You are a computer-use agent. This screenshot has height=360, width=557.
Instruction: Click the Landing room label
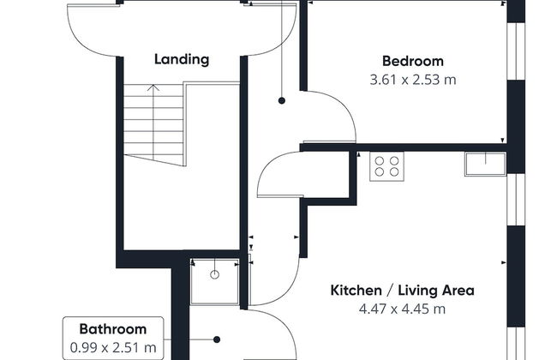(182, 59)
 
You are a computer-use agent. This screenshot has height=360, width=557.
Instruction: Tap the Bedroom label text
(413, 61)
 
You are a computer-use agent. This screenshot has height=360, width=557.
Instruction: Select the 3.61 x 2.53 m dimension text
(413, 80)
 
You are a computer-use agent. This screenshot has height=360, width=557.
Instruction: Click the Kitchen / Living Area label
(402, 291)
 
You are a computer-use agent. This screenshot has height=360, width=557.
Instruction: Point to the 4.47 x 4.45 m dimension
(402, 309)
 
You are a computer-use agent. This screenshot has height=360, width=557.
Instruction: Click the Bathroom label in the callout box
(113, 329)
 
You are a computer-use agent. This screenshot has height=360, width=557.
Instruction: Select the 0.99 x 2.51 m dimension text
(113, 347)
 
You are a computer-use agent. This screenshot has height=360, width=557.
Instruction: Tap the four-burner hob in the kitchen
(386, 166)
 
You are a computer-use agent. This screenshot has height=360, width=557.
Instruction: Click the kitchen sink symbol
(485, 164)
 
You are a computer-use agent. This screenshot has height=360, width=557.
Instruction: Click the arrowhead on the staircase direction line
(153, 87)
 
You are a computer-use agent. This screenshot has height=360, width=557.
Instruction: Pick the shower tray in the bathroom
(214, 281)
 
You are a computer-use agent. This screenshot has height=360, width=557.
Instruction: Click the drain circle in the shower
(214, 274)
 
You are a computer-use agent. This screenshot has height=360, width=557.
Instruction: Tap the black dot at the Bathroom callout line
(217, 339)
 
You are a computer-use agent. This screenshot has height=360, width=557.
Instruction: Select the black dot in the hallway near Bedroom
(282, 100)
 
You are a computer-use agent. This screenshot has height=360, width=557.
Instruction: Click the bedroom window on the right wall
(516, 51)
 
